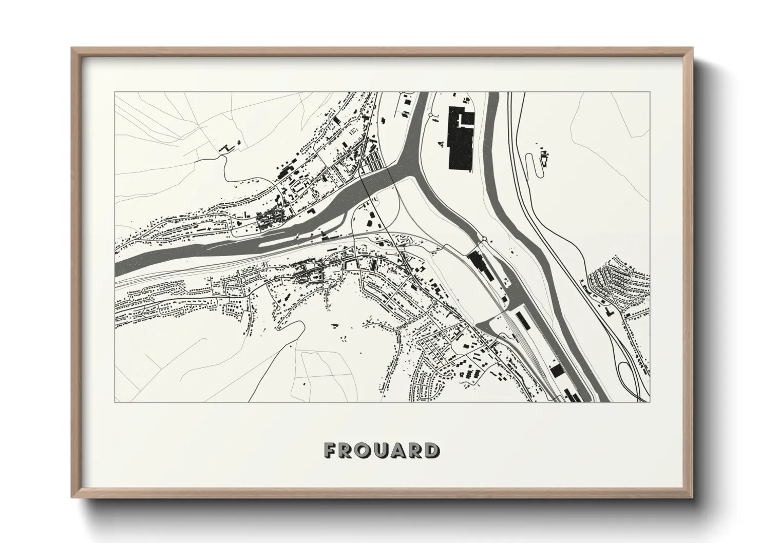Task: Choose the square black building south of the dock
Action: coord(556,370)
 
